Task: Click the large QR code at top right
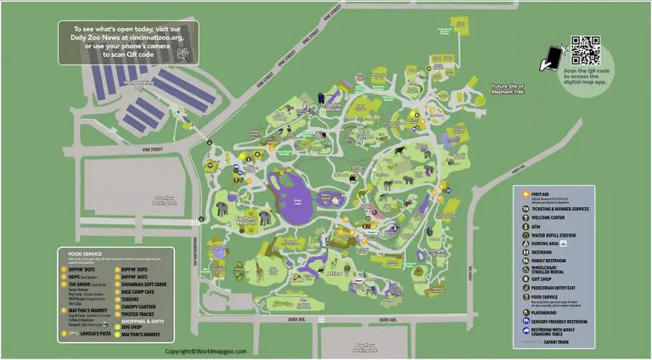click(x=585, y=51)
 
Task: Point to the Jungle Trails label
click(x=437, y=253)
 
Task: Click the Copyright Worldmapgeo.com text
click(x=206, y=351)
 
